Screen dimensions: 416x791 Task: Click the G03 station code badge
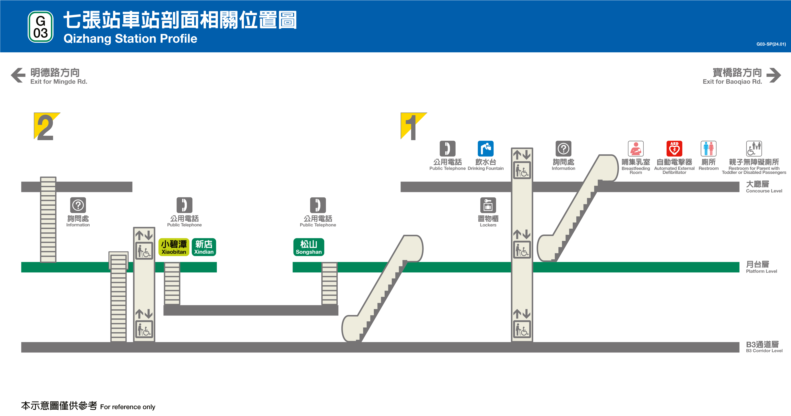click(x=41, y=27)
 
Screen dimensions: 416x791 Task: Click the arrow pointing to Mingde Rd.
click(x=18, y=75)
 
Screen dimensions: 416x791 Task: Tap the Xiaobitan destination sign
click(x=174, y=247)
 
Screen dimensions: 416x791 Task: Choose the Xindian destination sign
click(x=204, y=247)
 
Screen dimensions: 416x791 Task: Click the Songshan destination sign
click(x=309, y=247)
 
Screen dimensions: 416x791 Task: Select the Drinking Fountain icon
click(x=485, y=149)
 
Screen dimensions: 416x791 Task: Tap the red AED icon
click(x=674, y=149)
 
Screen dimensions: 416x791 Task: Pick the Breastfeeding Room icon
click(x=636, y=149)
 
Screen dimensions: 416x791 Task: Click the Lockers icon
click(x=488, y=205)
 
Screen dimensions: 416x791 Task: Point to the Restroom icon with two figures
click(x=708, y=149)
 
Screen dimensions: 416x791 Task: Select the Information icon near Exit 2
click(x=78, y=205)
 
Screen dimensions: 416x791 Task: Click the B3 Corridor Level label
click(x=764, y=347)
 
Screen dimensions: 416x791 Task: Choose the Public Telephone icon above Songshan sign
click(x=318, y=205)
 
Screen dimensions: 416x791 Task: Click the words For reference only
click(x=128, y=407)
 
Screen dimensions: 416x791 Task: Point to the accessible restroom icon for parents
click(x=754, y=149)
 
